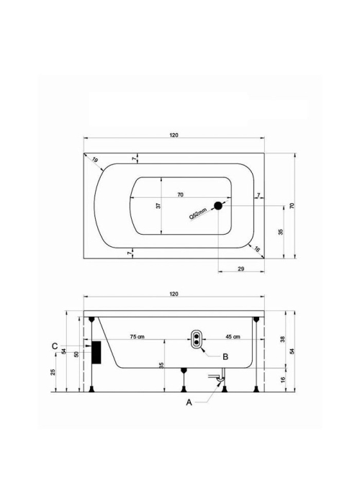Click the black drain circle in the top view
[218, 206]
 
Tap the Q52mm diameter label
[198, 213]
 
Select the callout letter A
[189, 402]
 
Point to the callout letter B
[225, 357]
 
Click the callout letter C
[55, 346]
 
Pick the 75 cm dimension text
[138, 337]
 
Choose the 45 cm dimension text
[233, 337]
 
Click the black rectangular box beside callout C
[96, 353]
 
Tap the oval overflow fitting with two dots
[196, 339]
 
